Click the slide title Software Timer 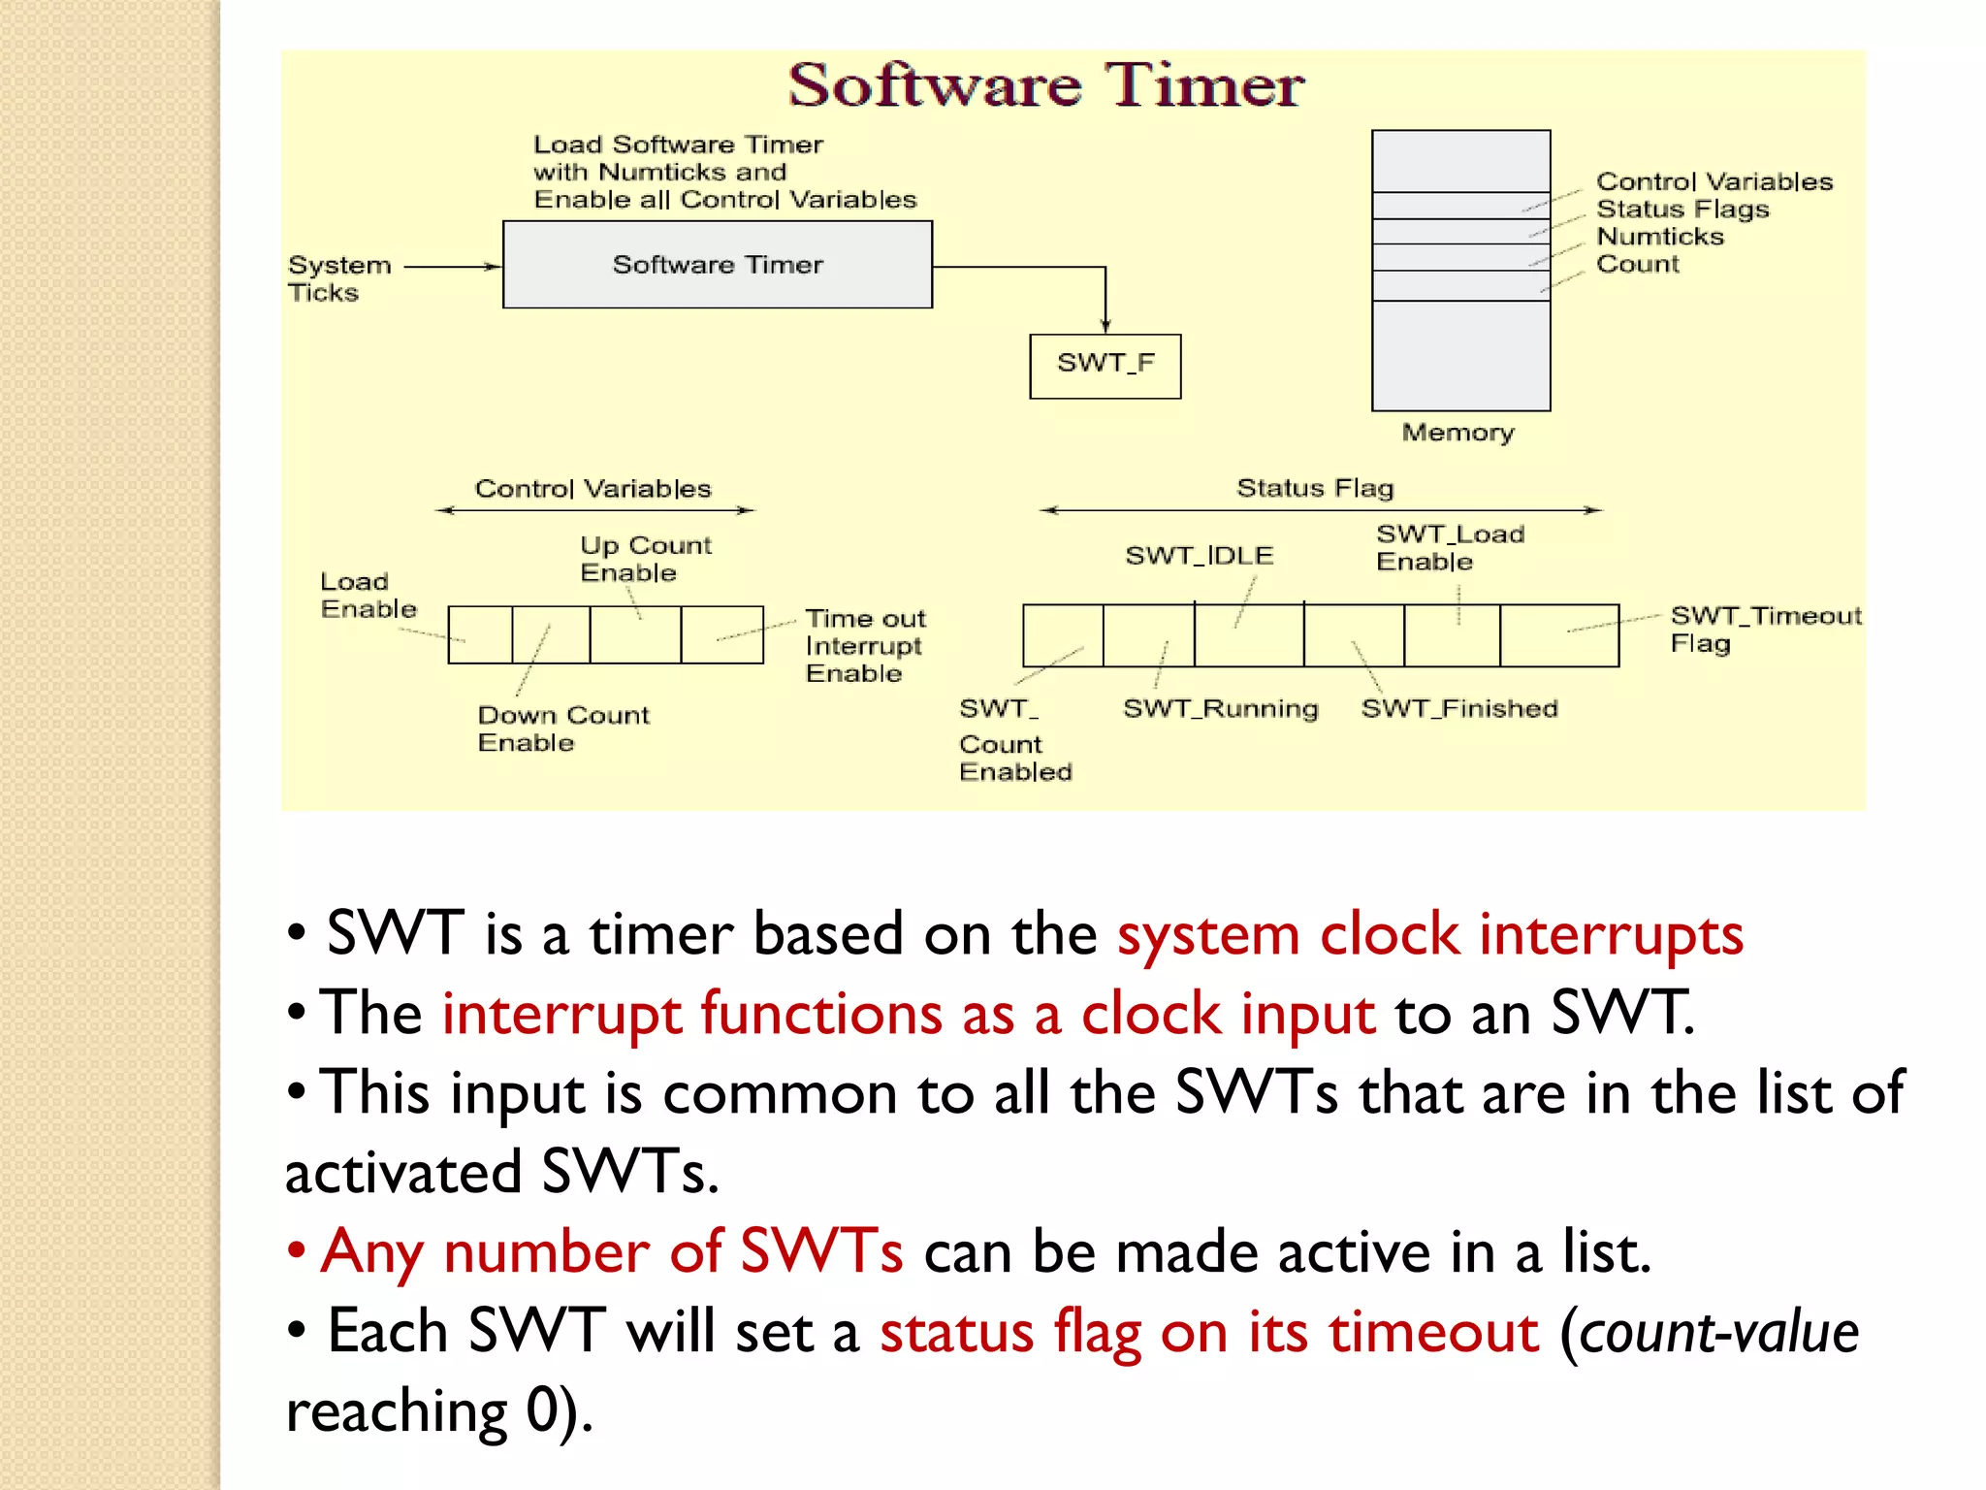tap(1045, 85)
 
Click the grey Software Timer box tap(718, 265)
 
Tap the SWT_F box tap(1105, 366)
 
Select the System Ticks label tap(338, 278)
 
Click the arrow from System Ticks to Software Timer tap(452, 266)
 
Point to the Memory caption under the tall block tap(1457, 433)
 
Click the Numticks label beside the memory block tap(1659, 237)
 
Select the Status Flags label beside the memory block tap(1682, 210)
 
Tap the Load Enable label tap(368, 595)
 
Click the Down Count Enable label tap(562, 729)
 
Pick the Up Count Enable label tap(645, 559)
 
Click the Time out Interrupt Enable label tap(865, 646)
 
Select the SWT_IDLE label tap(1199, 556)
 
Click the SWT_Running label tap(1220, 709)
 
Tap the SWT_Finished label tap(1458, 709)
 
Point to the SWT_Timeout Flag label tap(1765, 629)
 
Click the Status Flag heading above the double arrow tap(1315, 488)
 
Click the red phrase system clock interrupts tap(1429, 934)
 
